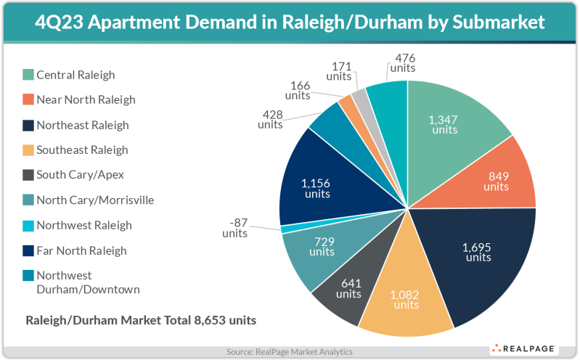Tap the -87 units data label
(234, 227)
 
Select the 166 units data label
(298, 90)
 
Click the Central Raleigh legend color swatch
(28, 75)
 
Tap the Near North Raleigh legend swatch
(28, 99)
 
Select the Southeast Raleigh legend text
(82, 150)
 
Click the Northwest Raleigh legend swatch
(28, 225)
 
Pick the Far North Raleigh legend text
(81, 250)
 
